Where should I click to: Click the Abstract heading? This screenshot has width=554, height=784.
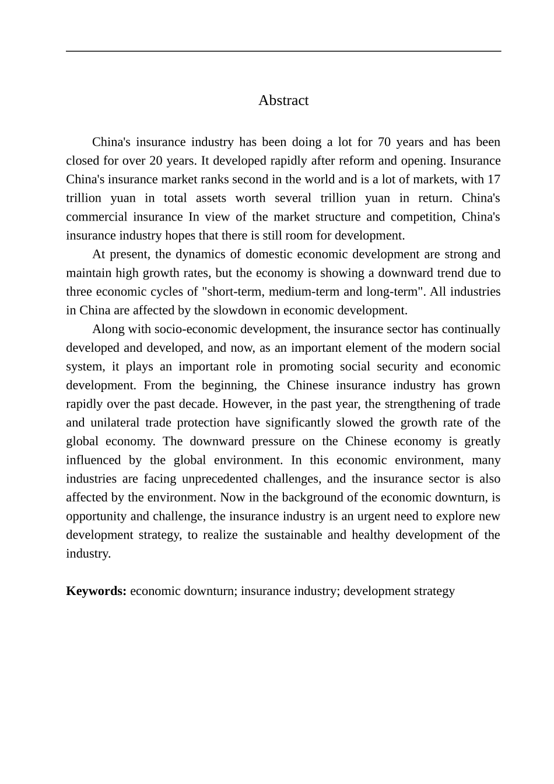tap(283, 100)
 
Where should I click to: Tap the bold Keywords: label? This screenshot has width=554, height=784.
tap(96, 591)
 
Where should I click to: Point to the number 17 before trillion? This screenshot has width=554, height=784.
tap(493, 180)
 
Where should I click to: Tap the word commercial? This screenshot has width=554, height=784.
tap(95, 217)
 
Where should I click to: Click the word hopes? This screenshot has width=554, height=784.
tap(181, 236)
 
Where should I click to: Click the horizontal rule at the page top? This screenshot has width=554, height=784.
tap(283, 51)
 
